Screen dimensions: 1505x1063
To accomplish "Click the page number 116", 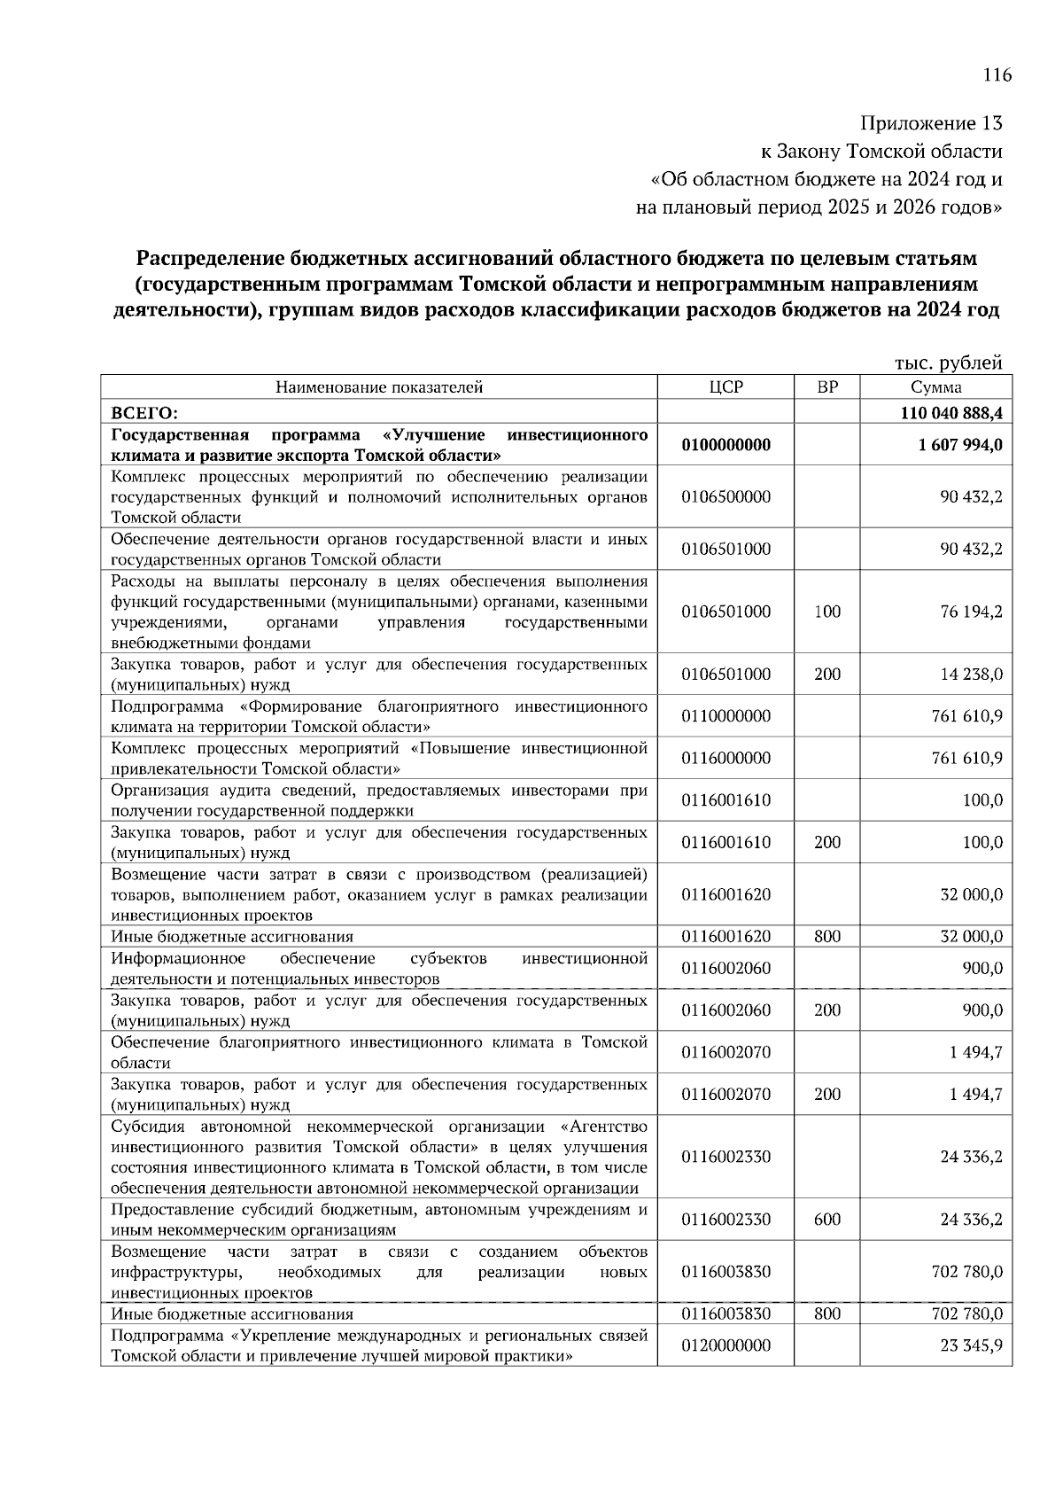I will [x=997, y=74].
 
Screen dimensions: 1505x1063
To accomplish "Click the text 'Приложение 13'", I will [x=932, y=123].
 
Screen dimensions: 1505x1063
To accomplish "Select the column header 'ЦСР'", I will [x=725, y=387].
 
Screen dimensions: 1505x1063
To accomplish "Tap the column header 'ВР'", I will [x=826, y=387].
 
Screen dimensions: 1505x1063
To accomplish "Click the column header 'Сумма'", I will [x=936, y=387].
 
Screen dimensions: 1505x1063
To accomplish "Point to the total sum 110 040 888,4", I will [x=951, y=413].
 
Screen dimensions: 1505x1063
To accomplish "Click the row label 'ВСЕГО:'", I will [x=144, y=413].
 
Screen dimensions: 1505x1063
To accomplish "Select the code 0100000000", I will [x=725, y=445].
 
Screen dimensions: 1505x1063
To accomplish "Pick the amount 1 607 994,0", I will [x=961, y=445].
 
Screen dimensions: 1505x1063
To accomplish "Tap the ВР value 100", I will [x=826, y=612].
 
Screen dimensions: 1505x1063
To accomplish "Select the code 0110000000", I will [x=725, y=716].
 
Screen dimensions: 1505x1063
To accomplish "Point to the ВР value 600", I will [x=826, y=1220].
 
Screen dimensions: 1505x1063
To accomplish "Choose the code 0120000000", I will [x=725, y=1345].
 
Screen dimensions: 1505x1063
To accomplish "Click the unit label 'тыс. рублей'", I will [x=948, y=363].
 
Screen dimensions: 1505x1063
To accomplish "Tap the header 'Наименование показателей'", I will [x=378, y=387].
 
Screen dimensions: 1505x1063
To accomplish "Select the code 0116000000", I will [x=725, y=758].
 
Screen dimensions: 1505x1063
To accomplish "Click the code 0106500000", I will [x=725, y=496].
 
